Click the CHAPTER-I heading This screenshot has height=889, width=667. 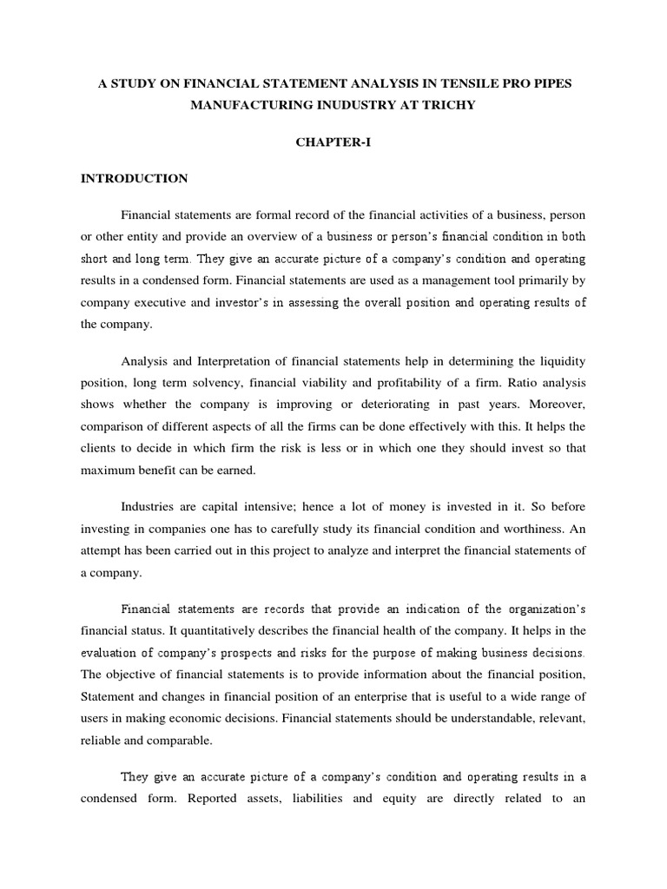point(333,142)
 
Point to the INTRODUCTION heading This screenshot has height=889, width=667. point(134,179)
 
